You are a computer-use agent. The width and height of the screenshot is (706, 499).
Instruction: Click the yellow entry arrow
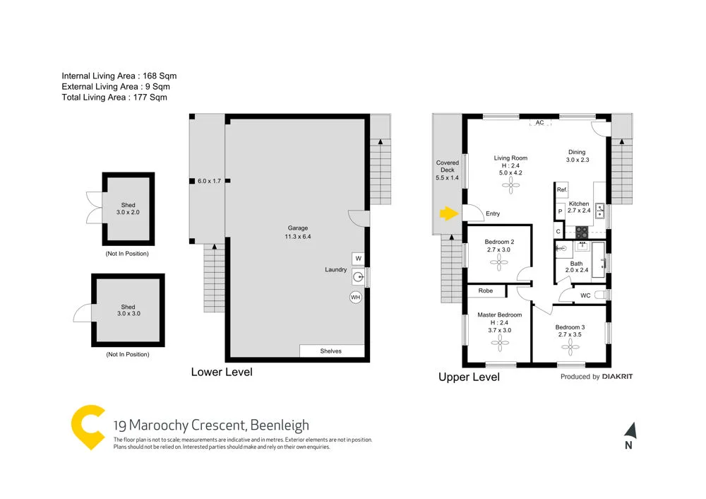(447, 213)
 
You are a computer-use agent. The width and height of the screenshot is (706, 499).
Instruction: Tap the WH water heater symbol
(356, 298)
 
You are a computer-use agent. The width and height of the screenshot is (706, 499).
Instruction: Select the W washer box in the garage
(358, 258)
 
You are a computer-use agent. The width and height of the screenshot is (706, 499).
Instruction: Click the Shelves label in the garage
(331, 351)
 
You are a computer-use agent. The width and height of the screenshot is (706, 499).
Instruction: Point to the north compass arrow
(630, 430)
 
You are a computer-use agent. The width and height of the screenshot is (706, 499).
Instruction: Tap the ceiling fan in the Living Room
(510, 185)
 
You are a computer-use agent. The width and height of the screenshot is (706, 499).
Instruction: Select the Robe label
(486, 290)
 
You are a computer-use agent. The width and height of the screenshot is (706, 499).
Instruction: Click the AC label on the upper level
(539, 123)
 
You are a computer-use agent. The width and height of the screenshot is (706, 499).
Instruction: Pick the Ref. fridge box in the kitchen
(562, 190)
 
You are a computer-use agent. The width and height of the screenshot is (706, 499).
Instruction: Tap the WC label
(585, 295)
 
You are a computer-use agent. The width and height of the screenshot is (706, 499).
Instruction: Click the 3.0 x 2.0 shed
(128, 209)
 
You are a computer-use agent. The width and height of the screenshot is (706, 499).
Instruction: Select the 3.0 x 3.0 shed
(128, 310)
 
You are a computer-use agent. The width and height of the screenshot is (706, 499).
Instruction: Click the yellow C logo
(88, 427)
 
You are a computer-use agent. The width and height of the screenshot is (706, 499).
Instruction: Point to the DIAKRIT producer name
(617, 377)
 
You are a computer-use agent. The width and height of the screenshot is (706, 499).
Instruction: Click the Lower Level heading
(221, 372)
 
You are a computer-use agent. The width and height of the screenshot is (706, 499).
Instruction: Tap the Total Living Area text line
(114, 98)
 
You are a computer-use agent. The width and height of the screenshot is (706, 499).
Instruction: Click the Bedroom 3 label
(570, 331)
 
